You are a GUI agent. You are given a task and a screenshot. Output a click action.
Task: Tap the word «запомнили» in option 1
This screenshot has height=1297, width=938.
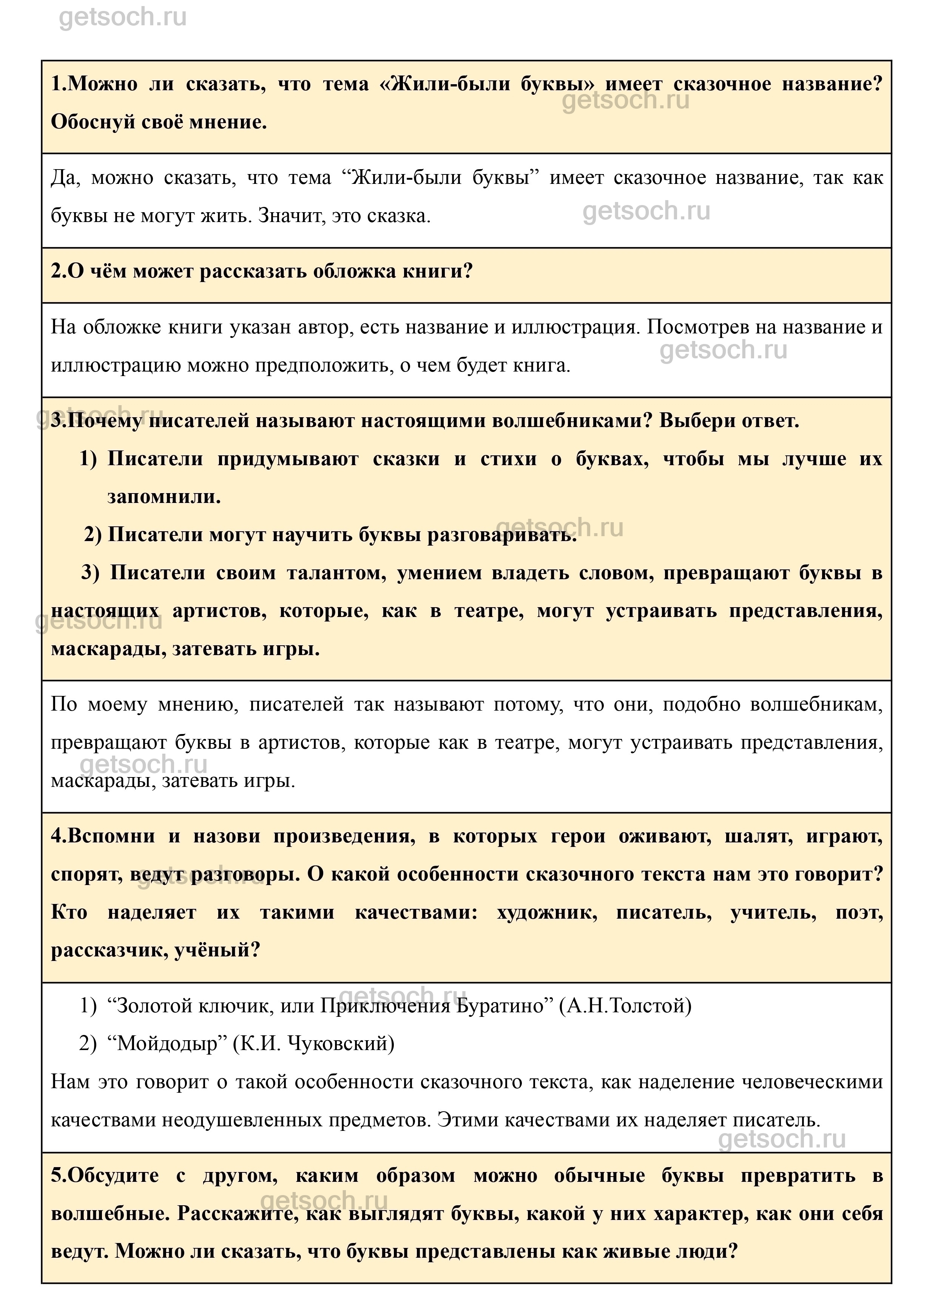click(163, 497)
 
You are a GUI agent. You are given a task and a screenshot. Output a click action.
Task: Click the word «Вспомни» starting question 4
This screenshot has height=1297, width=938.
click(111, 836)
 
